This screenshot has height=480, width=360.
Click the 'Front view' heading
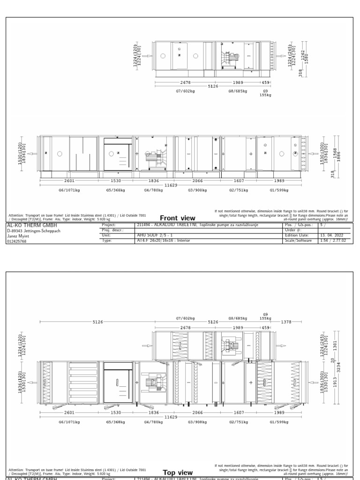click(x=177, y=218)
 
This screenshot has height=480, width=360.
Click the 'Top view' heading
click(x=177, y=472)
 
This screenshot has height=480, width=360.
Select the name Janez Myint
click(x=19, y=236)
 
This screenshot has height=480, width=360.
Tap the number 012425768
click(x=17, y=241)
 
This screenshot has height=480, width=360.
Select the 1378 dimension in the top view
click(x=285, y=322)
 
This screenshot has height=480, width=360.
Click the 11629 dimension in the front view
click(x=171, y=186)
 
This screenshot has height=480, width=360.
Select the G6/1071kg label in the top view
click(x=69, y=422)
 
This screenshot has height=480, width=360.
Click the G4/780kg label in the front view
click(x=153, y=191)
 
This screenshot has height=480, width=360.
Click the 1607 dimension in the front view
click(x=239, y=180)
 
